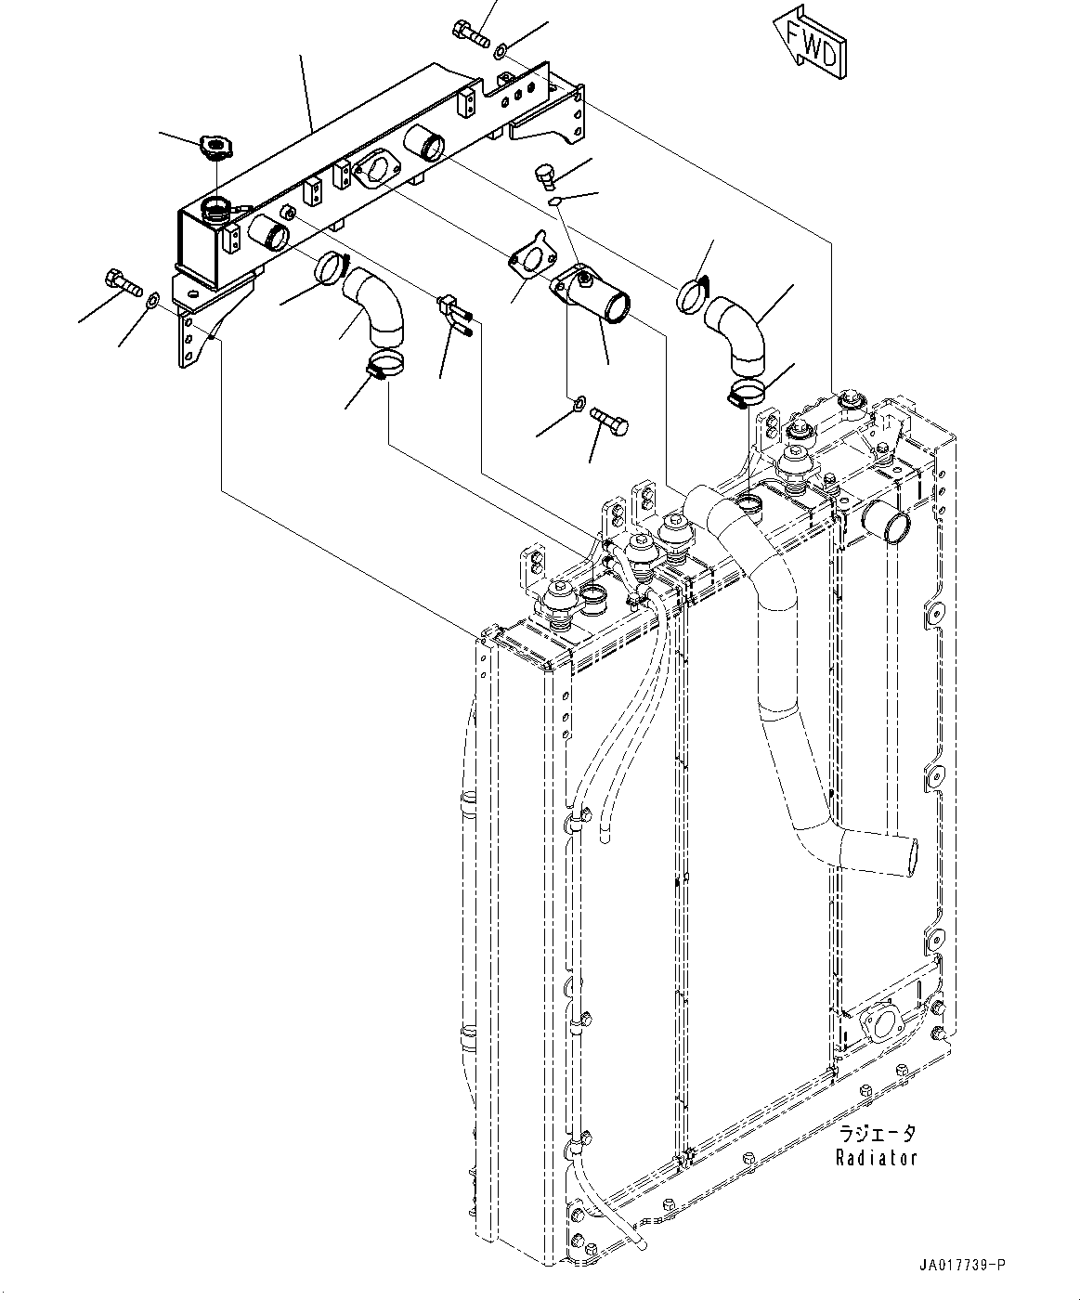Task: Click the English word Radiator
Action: coord(876,1157)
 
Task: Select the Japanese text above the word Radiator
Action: coord(877,1134)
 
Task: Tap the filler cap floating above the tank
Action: coord(215,146)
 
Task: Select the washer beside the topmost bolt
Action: coord(501,48)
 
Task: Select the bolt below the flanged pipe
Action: coord(609,422)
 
